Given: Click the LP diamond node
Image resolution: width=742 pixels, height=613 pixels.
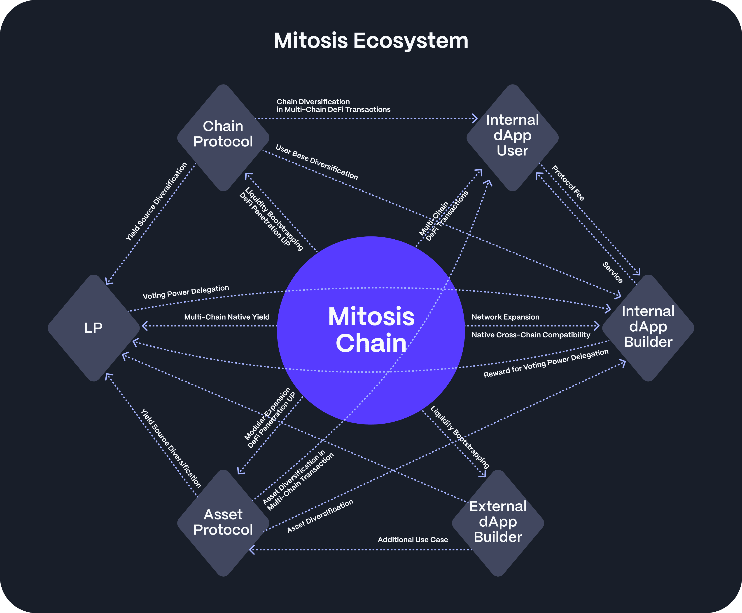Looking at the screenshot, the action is [93, 328].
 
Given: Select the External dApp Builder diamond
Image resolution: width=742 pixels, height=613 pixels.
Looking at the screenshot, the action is [498, 523].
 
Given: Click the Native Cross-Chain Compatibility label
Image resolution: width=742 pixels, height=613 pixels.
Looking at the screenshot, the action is [531, 335].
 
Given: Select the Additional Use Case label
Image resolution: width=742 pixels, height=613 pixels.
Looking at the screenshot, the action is [413, 540].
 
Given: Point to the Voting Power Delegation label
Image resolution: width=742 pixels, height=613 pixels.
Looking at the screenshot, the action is [186, 292].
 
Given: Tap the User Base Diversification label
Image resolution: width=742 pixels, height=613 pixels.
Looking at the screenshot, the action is [317, 162].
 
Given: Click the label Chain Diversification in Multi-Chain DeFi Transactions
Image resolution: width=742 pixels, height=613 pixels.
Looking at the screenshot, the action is [333, 106].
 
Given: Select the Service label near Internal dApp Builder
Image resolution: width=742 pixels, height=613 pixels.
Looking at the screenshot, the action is [613, 273].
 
